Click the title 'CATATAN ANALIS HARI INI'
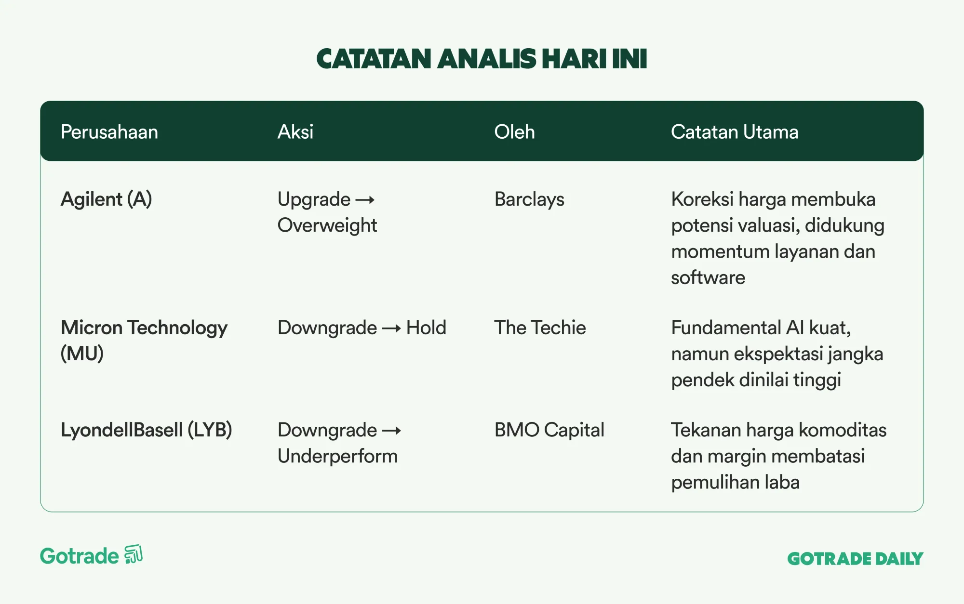(482, 59)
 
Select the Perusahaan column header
(109, 132)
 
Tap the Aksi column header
(295, 132)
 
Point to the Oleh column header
(515, 132)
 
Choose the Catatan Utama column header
(735, 132)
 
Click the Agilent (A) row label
(107, 199)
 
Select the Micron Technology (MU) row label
(144, 341)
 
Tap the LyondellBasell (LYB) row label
(147, 430)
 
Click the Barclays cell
(529, 199)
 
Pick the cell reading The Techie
(540, 328)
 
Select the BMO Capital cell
(549, 430)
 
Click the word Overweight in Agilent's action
(327, 225)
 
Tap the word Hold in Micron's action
(427, 328)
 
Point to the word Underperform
(338, 456)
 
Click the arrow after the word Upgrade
(365, 200)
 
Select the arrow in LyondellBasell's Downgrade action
(391, 431)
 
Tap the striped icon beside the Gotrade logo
(134, 554)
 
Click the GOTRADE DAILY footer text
(855, 559)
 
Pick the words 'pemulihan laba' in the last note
(736, 482)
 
